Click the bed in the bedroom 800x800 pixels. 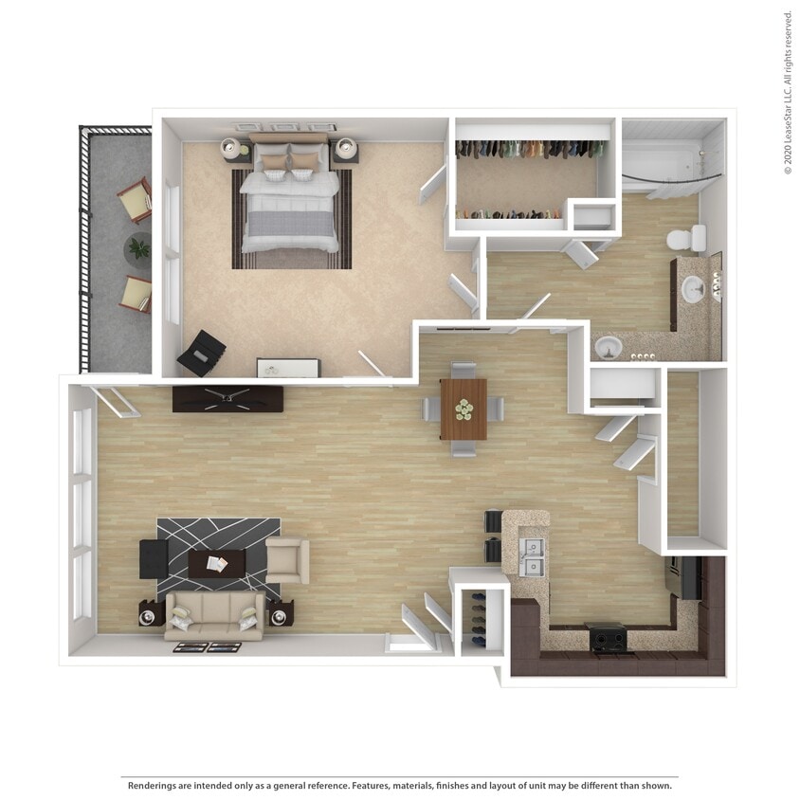pos(289,204)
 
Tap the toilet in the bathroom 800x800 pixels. pos(686,238)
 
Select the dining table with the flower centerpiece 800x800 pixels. pos(464,409)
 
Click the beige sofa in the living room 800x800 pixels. pos(214,616)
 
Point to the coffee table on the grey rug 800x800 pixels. pos(217,564)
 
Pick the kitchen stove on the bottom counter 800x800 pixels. pos(607,639)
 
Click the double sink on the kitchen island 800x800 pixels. pos(534,557)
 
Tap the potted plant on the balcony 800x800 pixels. pos(139,248)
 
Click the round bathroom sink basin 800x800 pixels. pos(694,290)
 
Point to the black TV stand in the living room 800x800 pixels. pos(227,399)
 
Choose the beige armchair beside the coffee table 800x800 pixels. pos(287,560)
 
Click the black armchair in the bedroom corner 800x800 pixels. pos(202,354)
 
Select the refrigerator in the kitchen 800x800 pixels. pos(684,576)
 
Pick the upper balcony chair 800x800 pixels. pos(135,200)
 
